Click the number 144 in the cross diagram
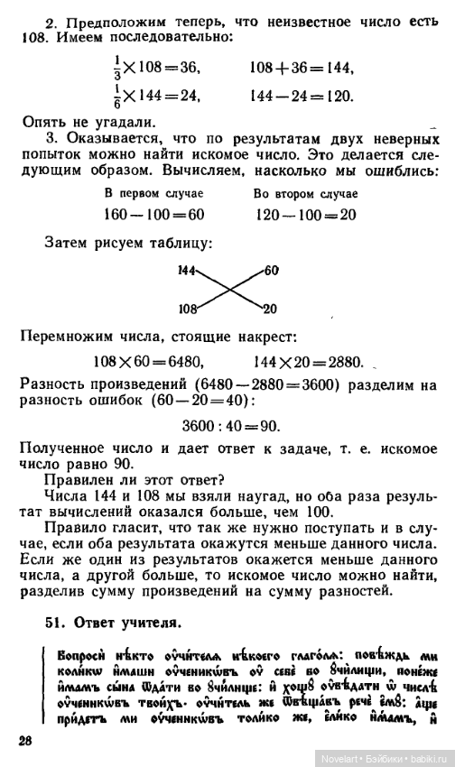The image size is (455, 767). [x=188, y=270]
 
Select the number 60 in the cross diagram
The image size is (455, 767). [x=272, y=270]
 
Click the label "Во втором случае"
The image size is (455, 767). [x=306, y=194]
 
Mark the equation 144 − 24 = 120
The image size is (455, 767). [x=301, y=96]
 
